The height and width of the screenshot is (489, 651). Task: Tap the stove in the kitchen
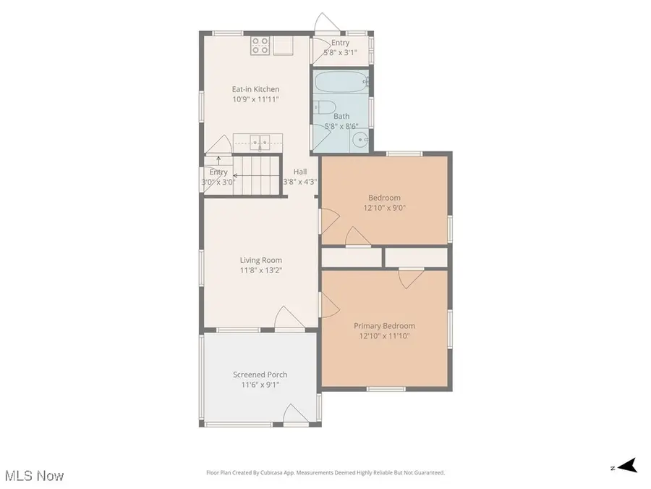260,46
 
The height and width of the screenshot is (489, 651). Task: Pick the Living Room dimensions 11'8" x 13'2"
261,270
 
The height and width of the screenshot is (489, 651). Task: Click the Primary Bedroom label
384,326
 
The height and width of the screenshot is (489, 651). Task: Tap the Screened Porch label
260,375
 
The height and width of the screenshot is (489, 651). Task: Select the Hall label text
299,172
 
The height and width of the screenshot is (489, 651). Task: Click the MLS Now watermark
34,476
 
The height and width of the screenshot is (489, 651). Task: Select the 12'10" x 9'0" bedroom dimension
384,207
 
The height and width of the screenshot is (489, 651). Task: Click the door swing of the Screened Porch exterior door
294,414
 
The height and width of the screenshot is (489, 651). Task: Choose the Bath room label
341,116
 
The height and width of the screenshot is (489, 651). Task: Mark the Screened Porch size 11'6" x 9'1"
260,385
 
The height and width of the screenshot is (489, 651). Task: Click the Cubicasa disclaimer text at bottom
325,472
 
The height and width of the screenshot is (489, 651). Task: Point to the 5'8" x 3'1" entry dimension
341,52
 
